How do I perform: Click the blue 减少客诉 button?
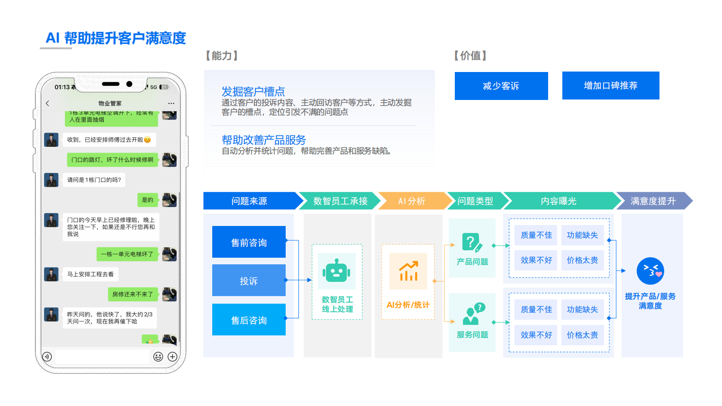501,86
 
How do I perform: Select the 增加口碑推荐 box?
611,85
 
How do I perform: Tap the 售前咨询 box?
249,242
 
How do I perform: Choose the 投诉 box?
249,280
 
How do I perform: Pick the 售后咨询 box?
249,320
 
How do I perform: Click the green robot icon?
337,271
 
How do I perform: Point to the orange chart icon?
408,271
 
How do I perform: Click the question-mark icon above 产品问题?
472,243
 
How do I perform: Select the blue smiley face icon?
650,271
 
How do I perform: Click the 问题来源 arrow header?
250,201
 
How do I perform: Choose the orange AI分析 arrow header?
412,201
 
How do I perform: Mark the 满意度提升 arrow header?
653,201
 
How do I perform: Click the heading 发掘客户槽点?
253,91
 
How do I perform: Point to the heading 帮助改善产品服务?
264,140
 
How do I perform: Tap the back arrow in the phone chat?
47,103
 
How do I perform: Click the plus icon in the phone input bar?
172,357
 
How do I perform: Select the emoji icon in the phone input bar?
158,357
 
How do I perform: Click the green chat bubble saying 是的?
148,200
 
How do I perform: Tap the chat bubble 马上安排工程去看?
90,274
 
